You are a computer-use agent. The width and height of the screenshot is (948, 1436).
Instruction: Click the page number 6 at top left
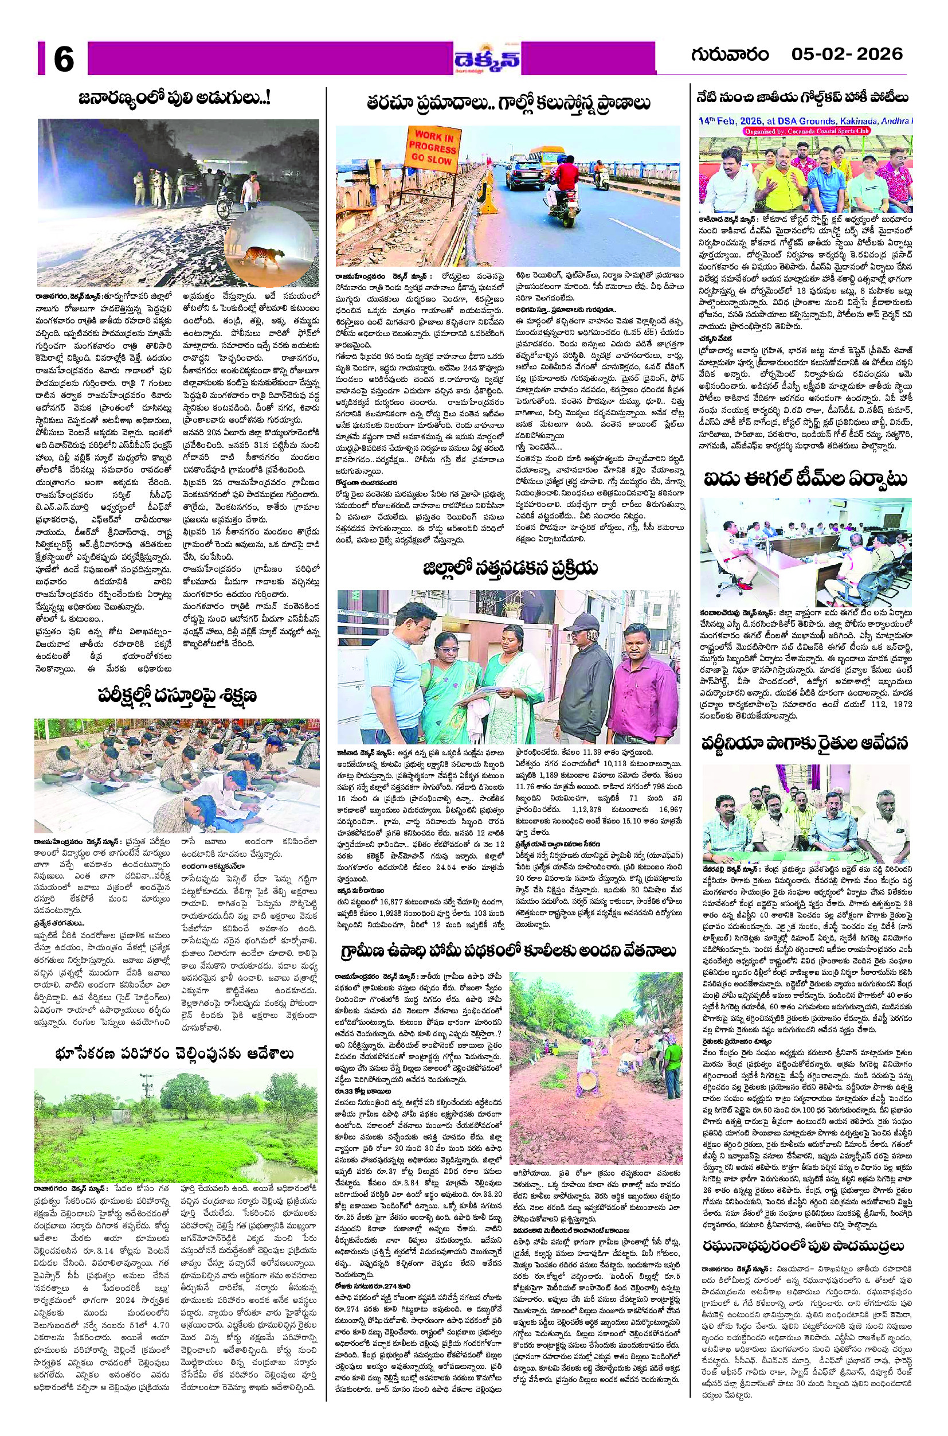63,59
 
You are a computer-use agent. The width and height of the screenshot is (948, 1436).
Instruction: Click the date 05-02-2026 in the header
847,54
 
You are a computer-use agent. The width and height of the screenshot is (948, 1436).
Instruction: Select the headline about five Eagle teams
805,479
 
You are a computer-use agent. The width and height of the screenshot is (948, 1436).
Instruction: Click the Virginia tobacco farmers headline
805,743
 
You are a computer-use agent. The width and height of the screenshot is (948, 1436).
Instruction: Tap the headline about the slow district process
510,568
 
